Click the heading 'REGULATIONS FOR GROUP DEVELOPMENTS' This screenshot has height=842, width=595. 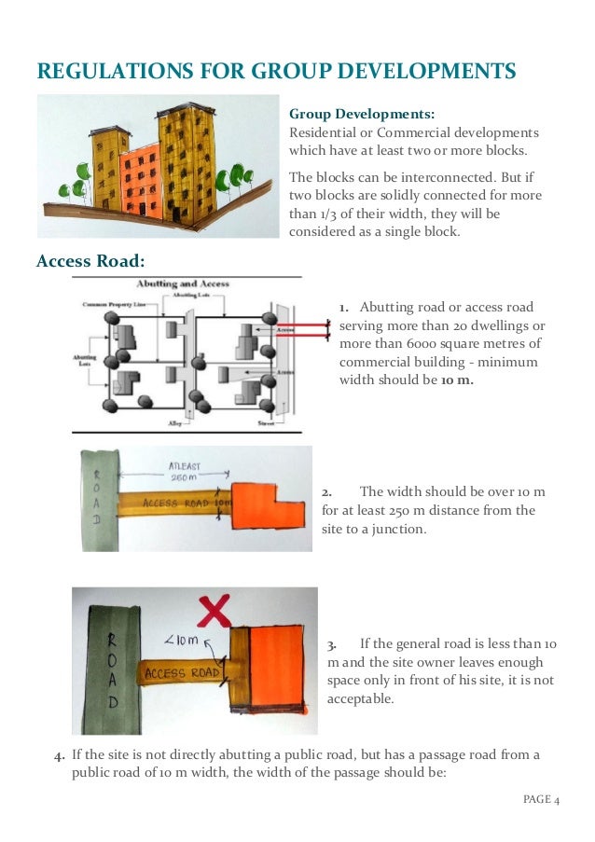tap(275, 71)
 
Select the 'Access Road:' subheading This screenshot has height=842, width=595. tap(90, 260)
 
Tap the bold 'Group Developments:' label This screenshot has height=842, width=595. tap(361, 114)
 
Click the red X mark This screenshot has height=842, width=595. tap(215, 612)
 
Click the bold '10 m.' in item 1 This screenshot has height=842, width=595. tap(457, 380)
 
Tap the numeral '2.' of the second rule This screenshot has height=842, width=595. tap(327, 491)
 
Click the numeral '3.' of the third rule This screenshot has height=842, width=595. tap(334, 644)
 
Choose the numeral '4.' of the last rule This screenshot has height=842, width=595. tap(60, 754)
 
